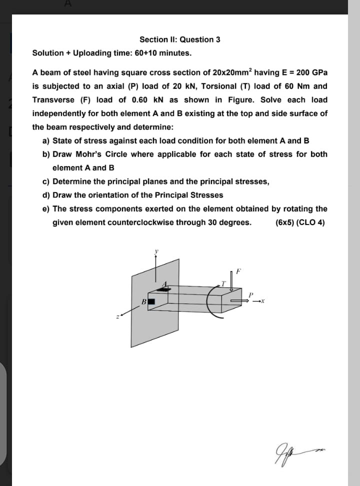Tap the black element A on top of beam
point(163,289)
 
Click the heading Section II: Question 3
point(179,39)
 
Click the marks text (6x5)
point(284,222)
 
